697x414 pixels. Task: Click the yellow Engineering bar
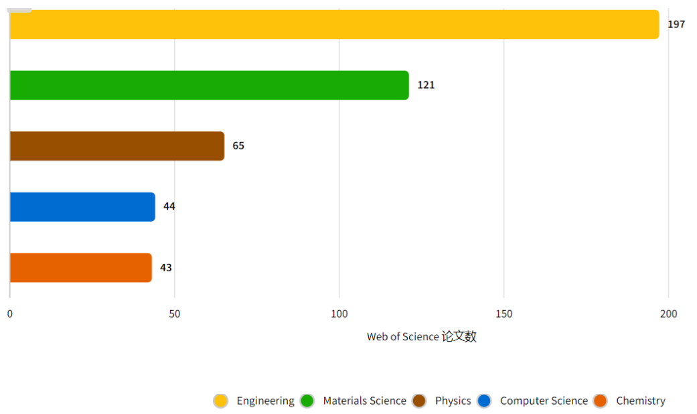coord(334,24)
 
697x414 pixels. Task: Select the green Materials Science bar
coord(209,85)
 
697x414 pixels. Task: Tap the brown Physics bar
coord(117,146)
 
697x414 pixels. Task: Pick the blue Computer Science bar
coord(82,207)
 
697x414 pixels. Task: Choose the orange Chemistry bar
coord(80,268)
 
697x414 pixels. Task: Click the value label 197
coord(676,24)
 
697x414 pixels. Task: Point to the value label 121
coord(426,85)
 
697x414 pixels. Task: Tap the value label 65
coord(238,146)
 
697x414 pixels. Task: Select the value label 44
coord(169,206)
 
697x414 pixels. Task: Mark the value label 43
coord(165,268)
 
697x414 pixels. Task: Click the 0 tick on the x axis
coord(10,314)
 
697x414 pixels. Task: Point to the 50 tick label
coord(175,314)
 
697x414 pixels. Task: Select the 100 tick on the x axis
coord(339,314)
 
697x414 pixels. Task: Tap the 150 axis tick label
coord(504,314)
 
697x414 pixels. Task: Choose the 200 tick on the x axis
coord(668,314)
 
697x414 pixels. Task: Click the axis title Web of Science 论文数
coord(421,336)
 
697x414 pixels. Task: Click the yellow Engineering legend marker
coord(220,401)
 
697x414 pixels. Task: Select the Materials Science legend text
coord(364,401)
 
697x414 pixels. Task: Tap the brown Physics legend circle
coord(419,401)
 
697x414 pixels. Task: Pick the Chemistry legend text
coord(640,401)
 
